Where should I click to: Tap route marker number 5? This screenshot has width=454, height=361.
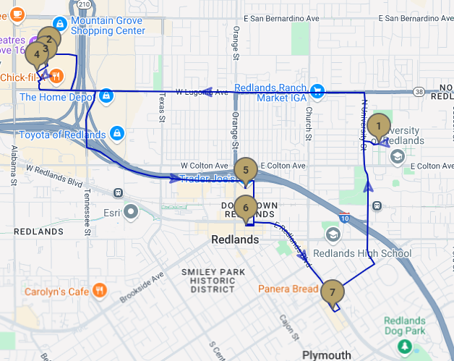pyautogui.click(x=246, y=170)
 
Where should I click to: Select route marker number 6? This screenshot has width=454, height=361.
pyautogui.click(x=246, y=208)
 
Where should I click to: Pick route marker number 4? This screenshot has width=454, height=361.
pyautogui.click(x=35, y=54)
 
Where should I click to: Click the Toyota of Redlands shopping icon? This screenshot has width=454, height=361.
pyautogui.click(x=117, y=134)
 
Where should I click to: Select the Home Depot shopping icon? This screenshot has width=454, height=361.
pyautogui.click(x=106, y=96)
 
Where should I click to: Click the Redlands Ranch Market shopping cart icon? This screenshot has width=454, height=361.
pyautogui.click(x=317, y=91)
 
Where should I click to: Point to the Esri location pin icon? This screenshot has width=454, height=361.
pyautogui.click(x=130, y=212)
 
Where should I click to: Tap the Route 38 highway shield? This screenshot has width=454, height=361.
pyautogui.click(x=419, y=92)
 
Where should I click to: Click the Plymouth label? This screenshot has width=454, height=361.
pyautogui.click(x=326, y=355)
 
